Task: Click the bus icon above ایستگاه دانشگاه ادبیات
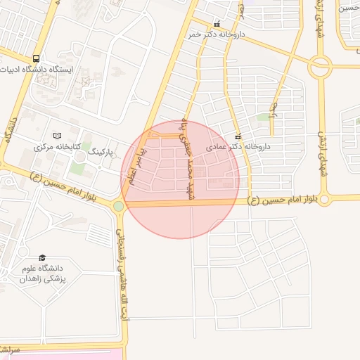(36, 59)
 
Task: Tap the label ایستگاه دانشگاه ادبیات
(42, 70)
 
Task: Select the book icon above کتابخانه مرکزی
(58, 136)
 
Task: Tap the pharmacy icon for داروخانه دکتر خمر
(217, 23)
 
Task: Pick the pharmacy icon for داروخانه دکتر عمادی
(238, 136)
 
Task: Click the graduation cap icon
(42, 259)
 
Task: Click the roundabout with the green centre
(118, 206)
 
